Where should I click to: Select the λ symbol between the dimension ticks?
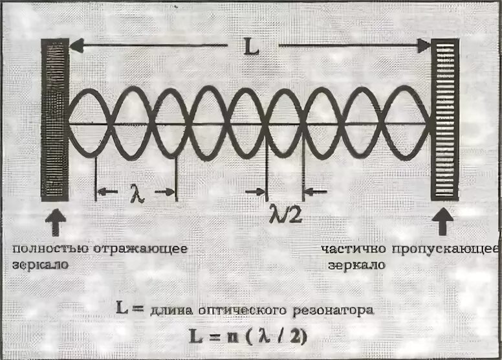coord(136,192)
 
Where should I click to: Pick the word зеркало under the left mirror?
coord(38,265)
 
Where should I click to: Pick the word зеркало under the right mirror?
coord(355,265)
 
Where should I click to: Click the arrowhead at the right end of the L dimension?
coord(423,45)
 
